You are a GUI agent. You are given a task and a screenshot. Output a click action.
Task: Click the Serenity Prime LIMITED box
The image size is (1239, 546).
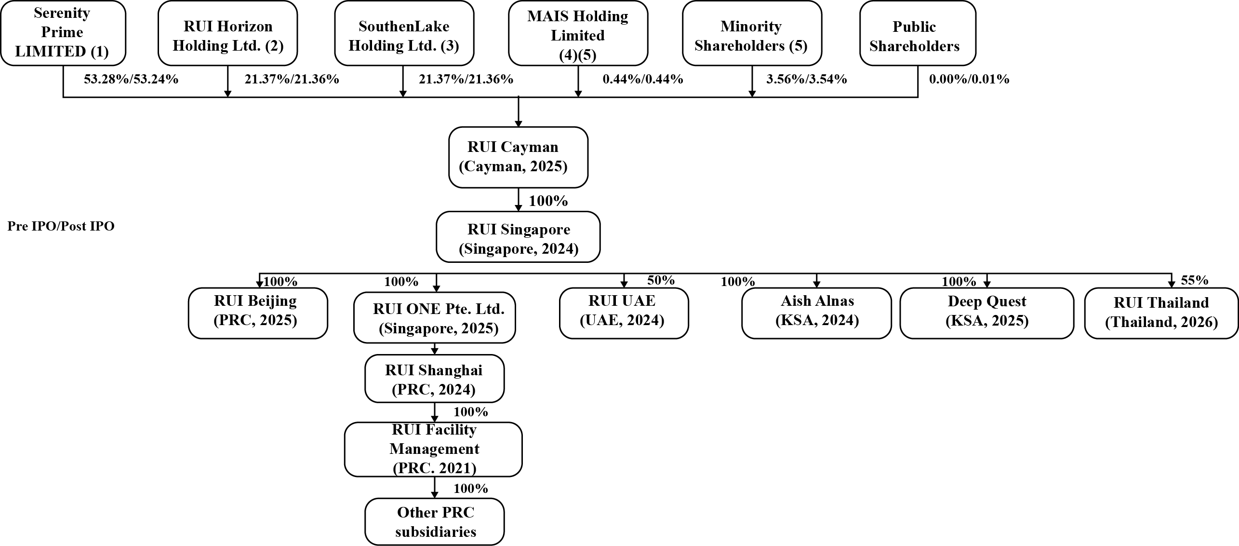click(63, 33)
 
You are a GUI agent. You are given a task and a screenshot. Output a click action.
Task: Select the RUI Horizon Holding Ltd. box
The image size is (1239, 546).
click(228, 33)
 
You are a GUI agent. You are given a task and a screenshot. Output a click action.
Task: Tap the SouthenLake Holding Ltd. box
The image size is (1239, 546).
click(404, 33)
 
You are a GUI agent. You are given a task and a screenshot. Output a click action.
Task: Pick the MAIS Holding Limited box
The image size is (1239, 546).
click(578, 33)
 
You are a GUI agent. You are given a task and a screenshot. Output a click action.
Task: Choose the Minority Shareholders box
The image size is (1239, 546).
click(752, 33)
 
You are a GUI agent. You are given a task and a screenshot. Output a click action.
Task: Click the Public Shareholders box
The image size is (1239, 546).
click(918, 33)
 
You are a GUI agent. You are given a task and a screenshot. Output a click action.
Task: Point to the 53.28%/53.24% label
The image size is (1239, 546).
click(131, 79)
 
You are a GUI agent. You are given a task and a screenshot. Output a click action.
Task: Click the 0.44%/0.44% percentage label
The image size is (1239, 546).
click(643, 79)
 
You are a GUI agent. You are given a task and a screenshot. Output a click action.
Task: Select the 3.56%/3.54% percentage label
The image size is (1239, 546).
click(807, 79)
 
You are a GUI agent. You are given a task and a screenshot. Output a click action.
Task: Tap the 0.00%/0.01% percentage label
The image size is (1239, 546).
click(969, 79)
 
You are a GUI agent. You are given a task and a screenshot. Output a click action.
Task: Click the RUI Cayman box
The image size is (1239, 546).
click(519, 157)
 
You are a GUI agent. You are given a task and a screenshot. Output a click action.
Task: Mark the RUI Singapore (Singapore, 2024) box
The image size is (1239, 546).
click(519, 237)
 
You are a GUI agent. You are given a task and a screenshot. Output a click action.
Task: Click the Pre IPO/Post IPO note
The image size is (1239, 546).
click(61, 226)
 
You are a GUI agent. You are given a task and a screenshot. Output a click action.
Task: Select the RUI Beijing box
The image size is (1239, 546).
click(258, 314)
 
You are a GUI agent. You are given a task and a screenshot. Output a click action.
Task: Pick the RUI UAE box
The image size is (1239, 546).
click(624, 314)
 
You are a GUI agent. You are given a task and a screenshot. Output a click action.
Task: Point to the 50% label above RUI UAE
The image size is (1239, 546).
click(661, 280)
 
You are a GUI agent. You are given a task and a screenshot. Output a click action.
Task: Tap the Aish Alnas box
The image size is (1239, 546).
click(817, 314)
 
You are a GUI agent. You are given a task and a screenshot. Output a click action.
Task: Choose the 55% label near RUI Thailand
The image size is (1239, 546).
click(1195, 280)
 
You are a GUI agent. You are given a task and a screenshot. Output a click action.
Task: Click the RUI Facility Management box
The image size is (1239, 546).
click(434, 450)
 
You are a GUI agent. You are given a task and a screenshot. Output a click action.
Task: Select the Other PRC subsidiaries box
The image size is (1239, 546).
click(435, 522)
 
